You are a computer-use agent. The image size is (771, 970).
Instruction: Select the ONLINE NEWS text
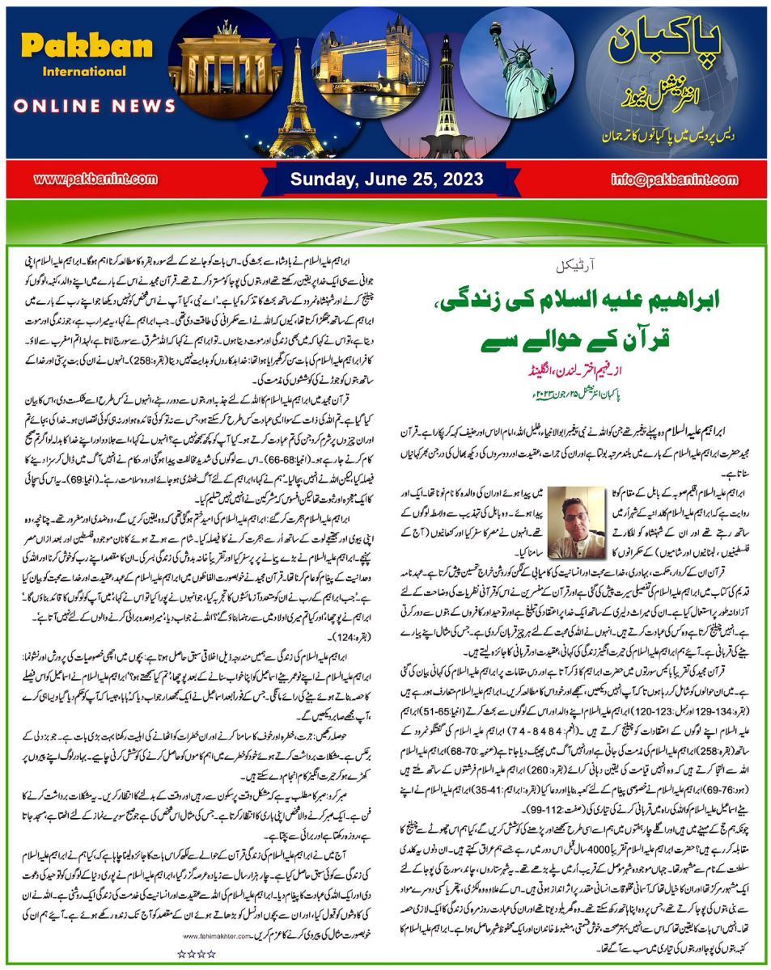(x=96, y=106)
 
